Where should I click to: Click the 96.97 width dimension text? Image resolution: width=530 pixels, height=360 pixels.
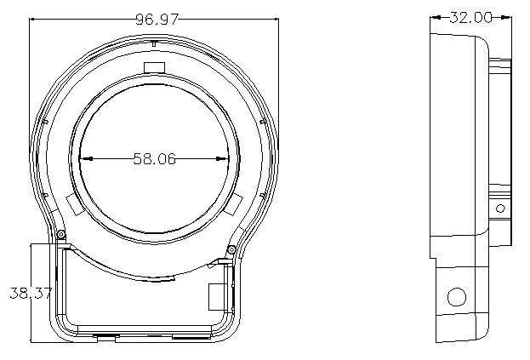tap(156, 19)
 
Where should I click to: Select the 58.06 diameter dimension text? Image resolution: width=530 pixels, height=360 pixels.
tap(154, 158)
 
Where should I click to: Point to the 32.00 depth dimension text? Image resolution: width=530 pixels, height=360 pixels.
tap(470, 17)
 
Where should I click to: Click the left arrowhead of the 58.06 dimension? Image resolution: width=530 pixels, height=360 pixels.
tap(84, 158)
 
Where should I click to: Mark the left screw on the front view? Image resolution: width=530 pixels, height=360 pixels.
tap(61, 235)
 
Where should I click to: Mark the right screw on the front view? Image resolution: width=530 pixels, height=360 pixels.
tap(231, 249)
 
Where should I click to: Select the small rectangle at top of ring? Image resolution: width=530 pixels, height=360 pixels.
tap(154, 68)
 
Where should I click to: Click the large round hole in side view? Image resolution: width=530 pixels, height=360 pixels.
tap(457, 297)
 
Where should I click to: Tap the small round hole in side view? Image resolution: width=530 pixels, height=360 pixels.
tap(499, 208)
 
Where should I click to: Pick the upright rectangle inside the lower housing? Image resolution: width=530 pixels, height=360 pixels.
tap(216, 295)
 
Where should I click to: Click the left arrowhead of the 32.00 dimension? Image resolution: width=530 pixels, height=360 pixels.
tap(435, 17)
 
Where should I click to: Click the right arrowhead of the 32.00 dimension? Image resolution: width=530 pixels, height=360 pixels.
tap(506, 17)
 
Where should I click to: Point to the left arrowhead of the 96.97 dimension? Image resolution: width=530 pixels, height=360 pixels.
tap(34, 19)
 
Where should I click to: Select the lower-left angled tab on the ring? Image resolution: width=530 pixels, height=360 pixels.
tap(73, 204)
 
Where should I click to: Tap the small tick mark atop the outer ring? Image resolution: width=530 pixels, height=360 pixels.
tap(152, 43)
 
